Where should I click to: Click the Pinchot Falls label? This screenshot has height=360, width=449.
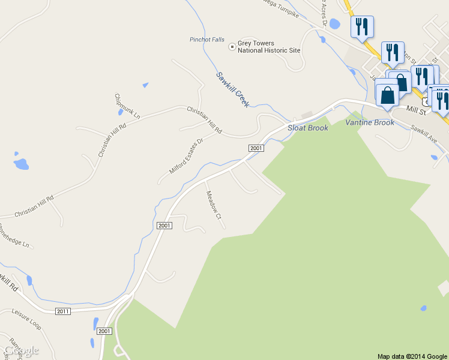point(208,40)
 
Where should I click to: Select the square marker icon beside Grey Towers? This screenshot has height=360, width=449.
point(232,46)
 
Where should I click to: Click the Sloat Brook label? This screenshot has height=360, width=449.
point(308,128)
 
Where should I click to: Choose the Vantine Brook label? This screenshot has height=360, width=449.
point(370,122)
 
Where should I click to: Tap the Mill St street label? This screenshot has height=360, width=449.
point(415,110)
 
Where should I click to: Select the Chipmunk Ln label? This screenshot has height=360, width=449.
point(127,106)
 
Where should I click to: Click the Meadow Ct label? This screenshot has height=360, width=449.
point(214,205)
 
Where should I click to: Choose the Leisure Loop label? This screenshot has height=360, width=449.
point(26,316)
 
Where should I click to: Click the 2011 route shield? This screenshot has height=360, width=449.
point(63,311)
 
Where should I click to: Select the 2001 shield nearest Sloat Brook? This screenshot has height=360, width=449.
point(256,148)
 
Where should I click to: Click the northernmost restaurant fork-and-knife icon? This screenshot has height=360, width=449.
point(362,27)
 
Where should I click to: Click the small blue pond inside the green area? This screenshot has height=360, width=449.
point(423,308)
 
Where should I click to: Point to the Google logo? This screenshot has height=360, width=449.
point(21,350)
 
